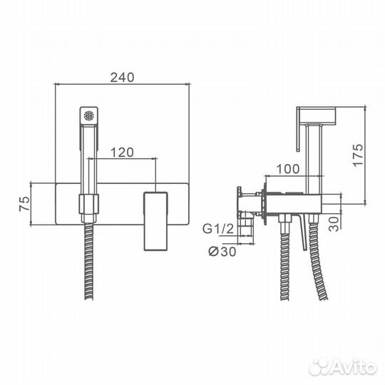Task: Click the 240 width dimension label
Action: (122, 77)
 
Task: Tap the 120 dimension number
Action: (122, 153)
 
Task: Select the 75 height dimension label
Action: (24, 203)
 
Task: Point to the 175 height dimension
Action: (358, 155)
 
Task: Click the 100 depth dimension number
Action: (288, 169)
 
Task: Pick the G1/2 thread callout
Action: (217, 229)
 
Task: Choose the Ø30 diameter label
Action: (222, 252)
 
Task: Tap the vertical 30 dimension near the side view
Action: (334, 224)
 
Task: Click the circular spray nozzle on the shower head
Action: (89, 115)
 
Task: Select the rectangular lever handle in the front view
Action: (155, 221)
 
